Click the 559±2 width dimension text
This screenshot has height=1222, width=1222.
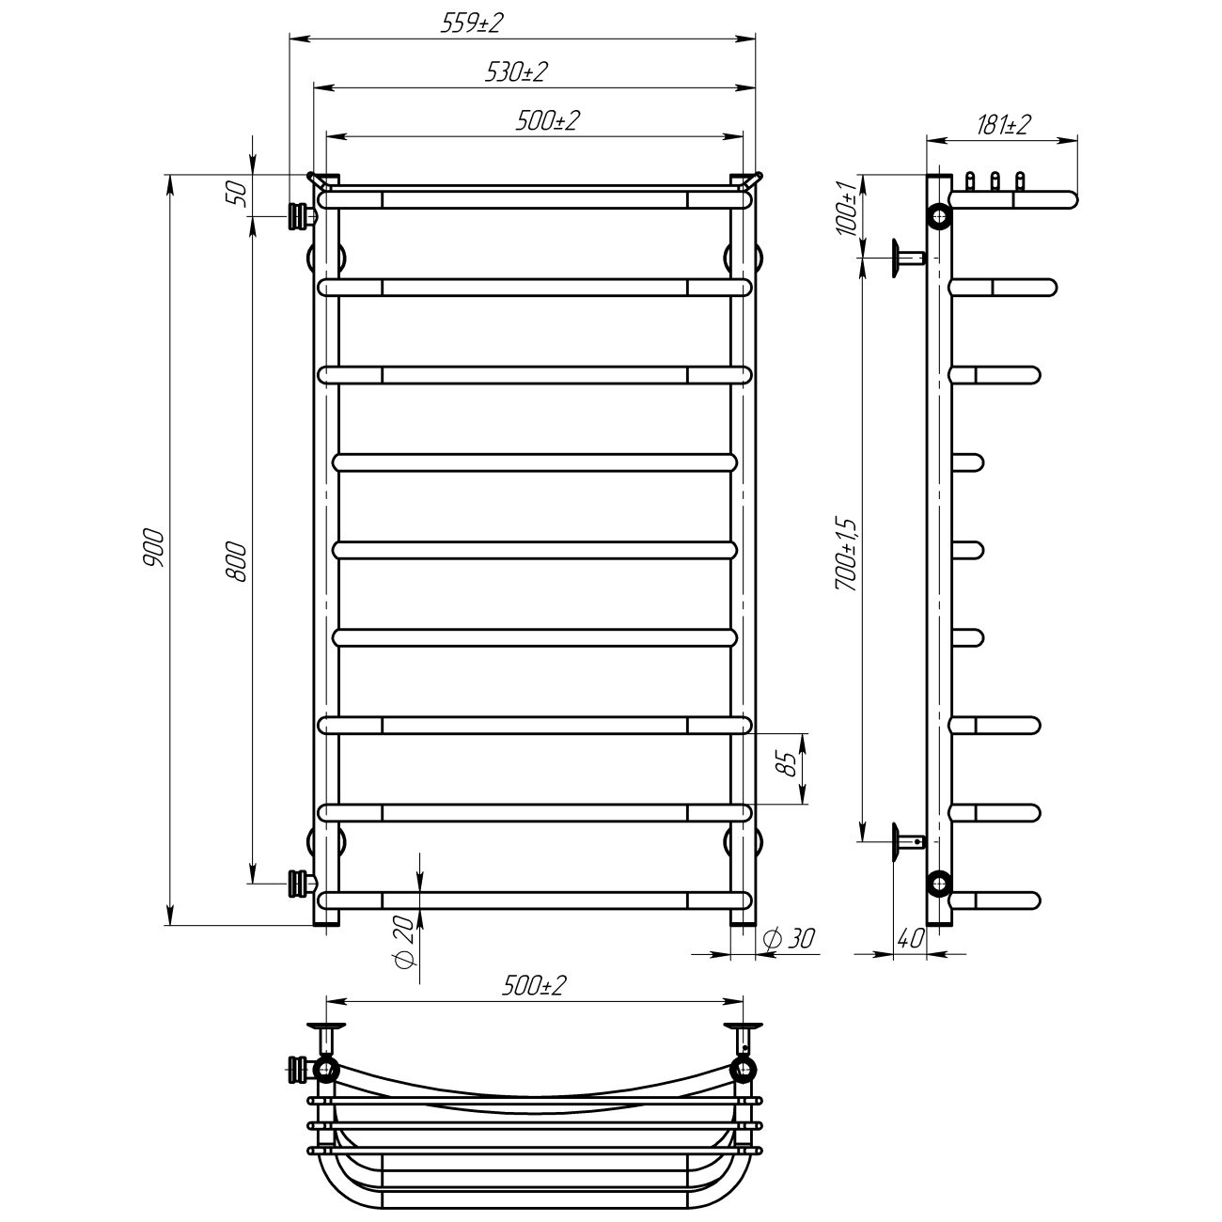click(x=472, y=23)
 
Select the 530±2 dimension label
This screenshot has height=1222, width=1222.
click(x=515, y=72)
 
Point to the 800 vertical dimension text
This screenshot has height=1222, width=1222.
click(x=237, y=562)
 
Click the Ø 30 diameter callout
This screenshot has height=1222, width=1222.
click(x=789, y=938)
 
